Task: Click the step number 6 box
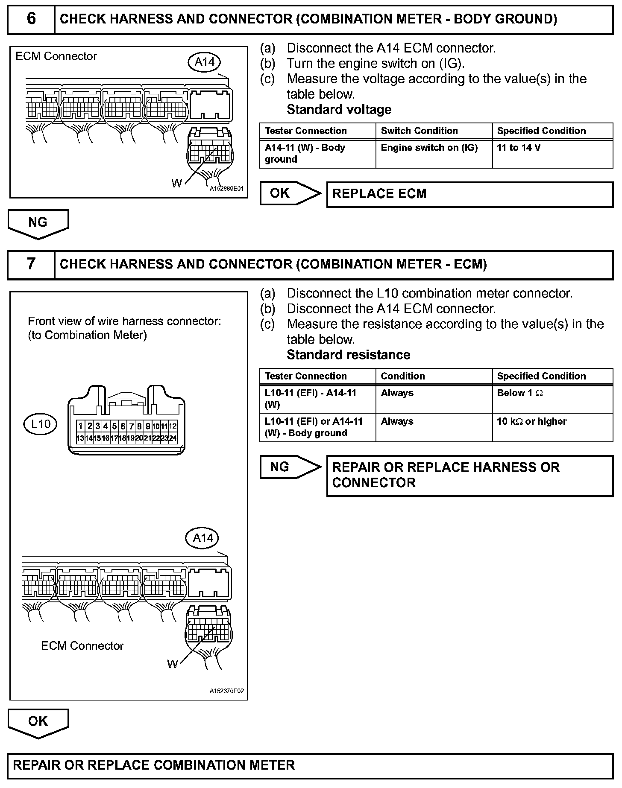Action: click(31, 19)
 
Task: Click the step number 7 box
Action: click(31, 264)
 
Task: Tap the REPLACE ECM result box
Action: click(469, 194)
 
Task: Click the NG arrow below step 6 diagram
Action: click(38, 223)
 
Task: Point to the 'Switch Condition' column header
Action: click(434, 131)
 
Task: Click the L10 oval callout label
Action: click(41, 424)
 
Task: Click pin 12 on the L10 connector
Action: click(173, 426)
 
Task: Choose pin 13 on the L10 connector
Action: click(80, 438)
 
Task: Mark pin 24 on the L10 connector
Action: click(173, 438)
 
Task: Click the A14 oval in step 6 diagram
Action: click(204, 62)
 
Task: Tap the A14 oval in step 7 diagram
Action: click(202, 537)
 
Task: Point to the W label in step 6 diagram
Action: click(176, 184)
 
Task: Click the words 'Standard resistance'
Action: click(348, 355)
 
